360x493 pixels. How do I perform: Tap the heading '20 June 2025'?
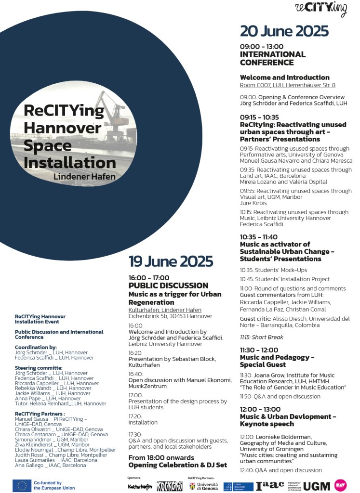pos(284,31)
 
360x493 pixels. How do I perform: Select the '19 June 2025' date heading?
pos(171,261)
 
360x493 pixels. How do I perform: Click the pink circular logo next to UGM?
pos(341,485)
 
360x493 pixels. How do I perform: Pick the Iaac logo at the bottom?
pos(270,485)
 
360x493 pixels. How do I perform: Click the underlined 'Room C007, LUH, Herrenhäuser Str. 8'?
pos(287,85)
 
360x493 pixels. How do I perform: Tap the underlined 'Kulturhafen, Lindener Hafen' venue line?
pos(165,310)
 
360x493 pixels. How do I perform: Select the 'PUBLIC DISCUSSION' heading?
pos(168,285)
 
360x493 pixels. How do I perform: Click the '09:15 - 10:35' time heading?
pos(259,117)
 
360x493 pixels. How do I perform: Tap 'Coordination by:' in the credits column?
pos(36,347)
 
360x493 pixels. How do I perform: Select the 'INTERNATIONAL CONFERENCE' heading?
pos(273,58)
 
